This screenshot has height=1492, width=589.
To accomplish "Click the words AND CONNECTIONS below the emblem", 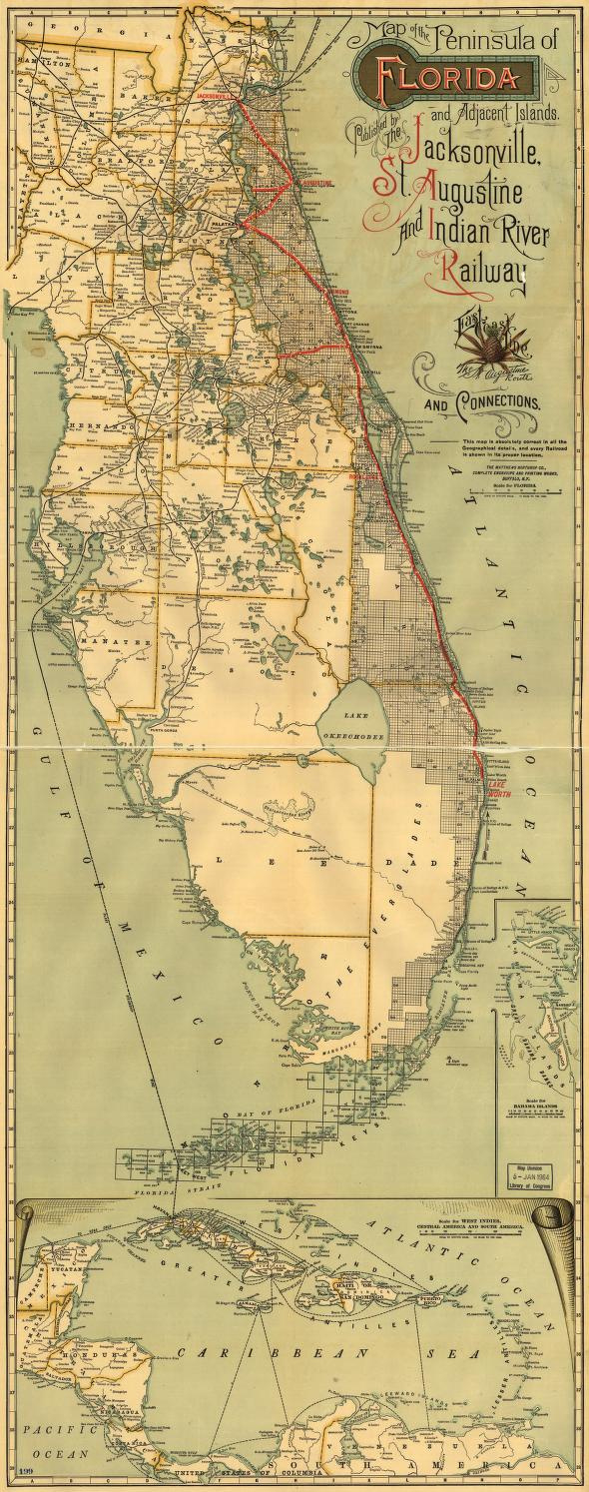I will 483,403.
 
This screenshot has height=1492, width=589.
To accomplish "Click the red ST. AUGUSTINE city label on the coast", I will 312,184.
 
